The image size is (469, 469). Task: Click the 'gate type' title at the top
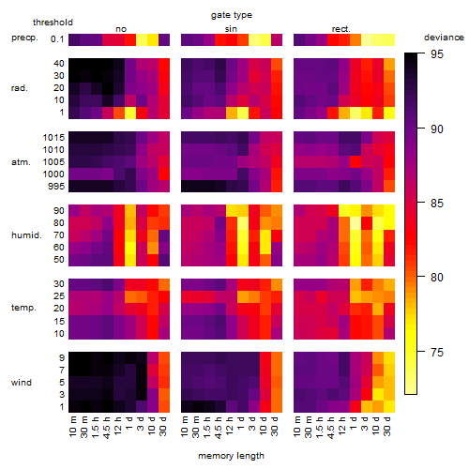click(232, 15)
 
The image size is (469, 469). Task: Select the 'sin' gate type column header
click(231, 29)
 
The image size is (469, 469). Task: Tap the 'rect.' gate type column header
click(341, 29)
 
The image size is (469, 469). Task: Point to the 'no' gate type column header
click(121, 29)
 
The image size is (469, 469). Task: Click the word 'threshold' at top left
click(53, 23)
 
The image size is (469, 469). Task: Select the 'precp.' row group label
click(24, 38)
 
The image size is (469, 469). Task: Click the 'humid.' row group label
click(26, 235)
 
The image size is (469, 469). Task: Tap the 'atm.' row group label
click(21, 162)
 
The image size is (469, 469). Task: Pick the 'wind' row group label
click(22, 383)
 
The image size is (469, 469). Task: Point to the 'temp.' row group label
click(23, 308)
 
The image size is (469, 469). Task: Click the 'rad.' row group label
click(20, 88)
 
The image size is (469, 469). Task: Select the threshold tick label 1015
click(53, 138)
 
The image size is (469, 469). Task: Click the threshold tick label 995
click(56, 187)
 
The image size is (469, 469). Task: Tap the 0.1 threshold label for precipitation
click(57, 39)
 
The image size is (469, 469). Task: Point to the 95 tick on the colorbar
click(437, 54)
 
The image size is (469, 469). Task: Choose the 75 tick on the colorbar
click(437, 353)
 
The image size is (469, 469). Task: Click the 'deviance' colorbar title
click(444, 38)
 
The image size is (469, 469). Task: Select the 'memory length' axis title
click(232, 456)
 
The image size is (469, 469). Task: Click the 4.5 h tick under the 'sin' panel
click(219, 427)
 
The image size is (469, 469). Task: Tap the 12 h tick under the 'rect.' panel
click(342, 426)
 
